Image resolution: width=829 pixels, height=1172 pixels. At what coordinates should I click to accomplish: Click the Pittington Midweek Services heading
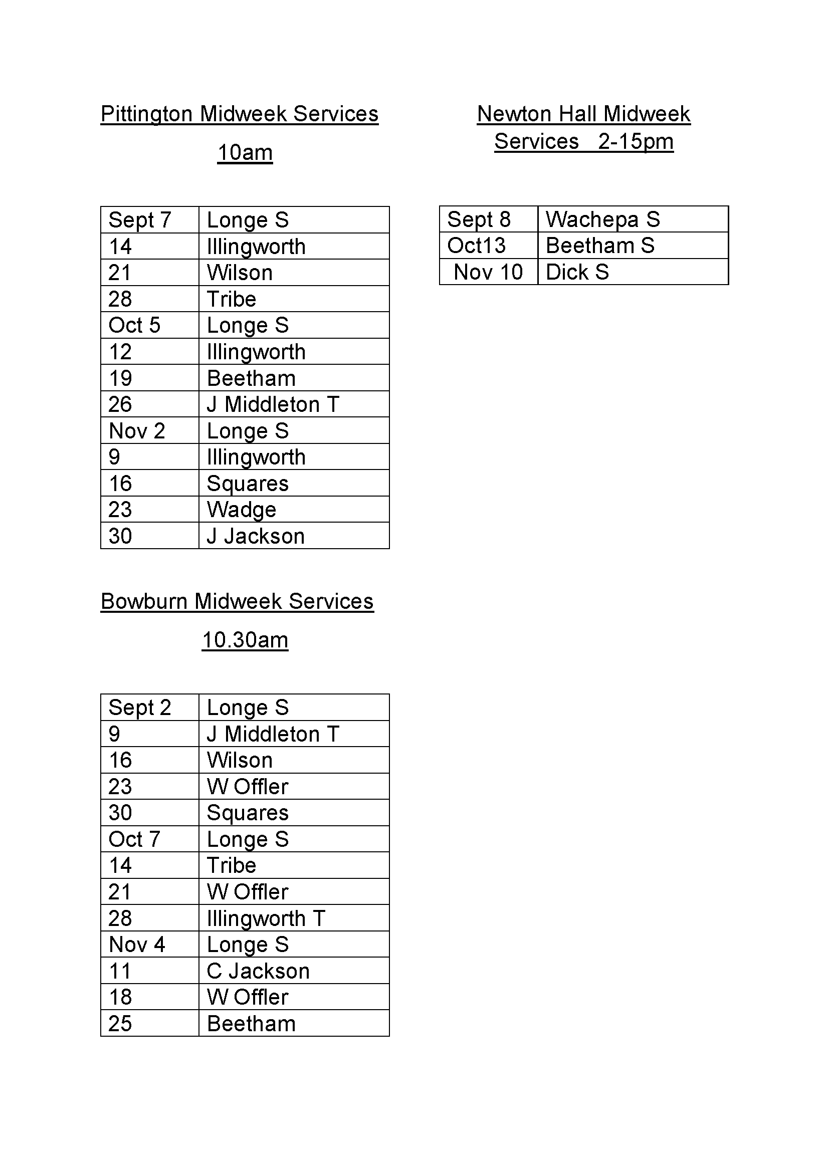tap(240, 114)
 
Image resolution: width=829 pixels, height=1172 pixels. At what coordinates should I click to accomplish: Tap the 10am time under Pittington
tap(245, 153)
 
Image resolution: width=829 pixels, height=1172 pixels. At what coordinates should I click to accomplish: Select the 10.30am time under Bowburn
tap(245, 640)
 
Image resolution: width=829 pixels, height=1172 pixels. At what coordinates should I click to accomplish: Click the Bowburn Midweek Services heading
tap(238, 601)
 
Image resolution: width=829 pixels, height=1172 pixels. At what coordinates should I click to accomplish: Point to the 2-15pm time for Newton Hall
tap(636, 141)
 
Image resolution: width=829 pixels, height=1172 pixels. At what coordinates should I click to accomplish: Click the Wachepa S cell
tap(603, 219)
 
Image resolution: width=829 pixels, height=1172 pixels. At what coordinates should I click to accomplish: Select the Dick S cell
tap(577, 272)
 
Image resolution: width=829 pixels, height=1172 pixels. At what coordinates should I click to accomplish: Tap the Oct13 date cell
tap(477, 246)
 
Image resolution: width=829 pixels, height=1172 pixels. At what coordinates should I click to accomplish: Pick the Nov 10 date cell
tap(488, 272)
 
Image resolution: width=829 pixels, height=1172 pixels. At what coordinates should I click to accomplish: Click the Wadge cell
tap(242, 510)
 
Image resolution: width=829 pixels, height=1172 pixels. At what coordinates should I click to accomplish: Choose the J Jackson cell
tap(256, 536)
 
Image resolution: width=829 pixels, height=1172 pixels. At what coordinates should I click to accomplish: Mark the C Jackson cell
tap(258, 971)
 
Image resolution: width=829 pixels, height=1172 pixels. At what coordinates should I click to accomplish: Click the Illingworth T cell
tap(266, 918)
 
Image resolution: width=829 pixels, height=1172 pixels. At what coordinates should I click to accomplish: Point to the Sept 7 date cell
tap(139, 220)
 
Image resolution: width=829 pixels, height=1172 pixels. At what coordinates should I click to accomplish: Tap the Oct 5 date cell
tap(134, 325)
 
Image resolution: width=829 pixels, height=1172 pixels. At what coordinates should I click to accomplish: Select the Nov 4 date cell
tap(137, 945)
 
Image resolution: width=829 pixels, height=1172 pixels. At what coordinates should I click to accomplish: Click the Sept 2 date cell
tap(139, 708)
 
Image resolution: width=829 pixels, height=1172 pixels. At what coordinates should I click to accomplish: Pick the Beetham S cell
tap(600, 246)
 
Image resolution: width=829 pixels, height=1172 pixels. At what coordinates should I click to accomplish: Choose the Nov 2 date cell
tap(137, 431)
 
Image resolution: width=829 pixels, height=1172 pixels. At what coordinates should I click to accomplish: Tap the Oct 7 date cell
tap(134, 839)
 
